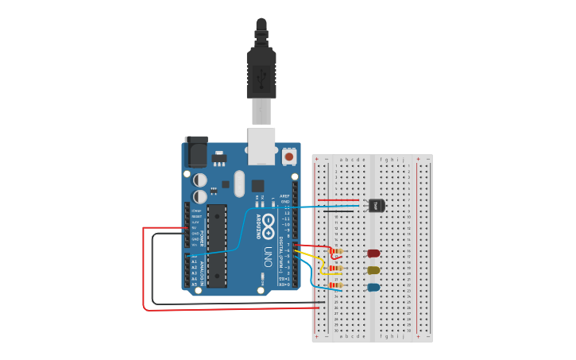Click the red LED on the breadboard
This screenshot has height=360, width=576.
(373, 254)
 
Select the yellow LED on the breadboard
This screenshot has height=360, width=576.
(373, 270)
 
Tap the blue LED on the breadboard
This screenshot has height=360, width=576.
(373, 287)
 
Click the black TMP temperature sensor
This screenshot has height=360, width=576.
(377, 205)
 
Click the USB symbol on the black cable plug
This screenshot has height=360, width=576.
(261, 77)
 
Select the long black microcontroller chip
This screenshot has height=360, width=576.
(217, 246)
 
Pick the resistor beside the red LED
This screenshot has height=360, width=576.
(337, 254)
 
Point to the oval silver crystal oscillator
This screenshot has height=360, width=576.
(239, 184)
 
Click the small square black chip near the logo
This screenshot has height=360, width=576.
(258, 186)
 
